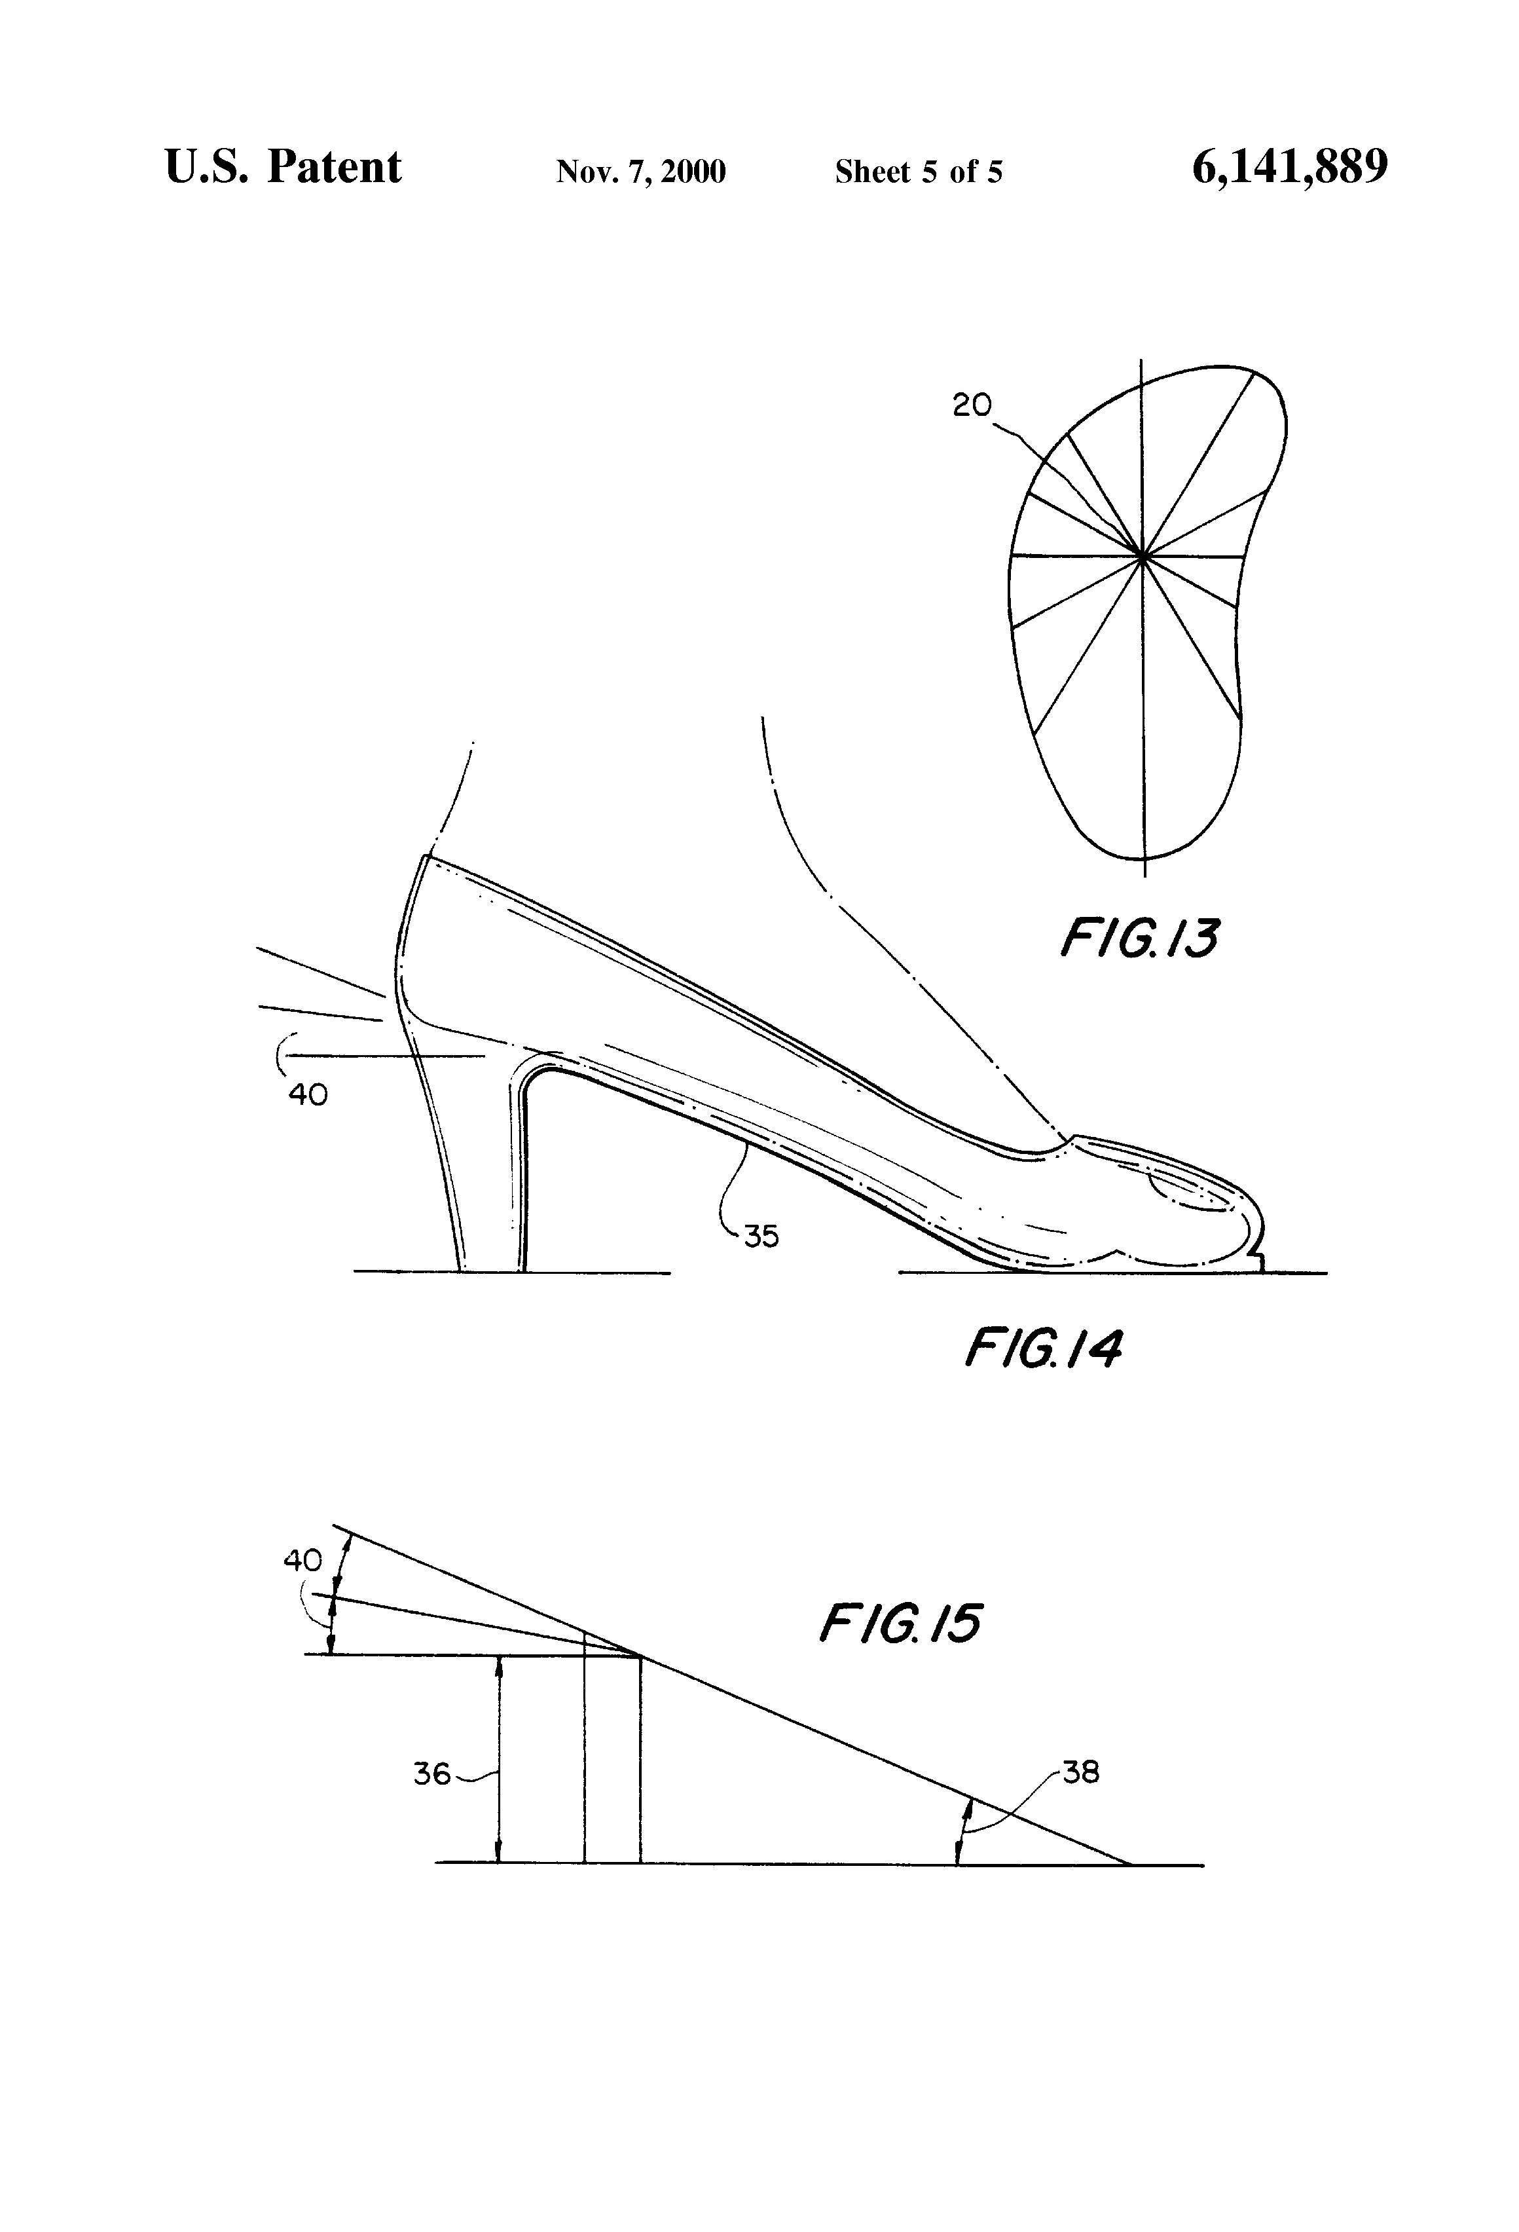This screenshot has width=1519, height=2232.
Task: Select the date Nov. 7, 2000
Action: (x=640, y=172)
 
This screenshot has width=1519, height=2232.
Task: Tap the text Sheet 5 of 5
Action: (x=918, y=172)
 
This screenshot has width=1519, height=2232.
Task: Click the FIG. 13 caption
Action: (x=1139, y=939)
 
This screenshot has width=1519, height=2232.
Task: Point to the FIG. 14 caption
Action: (x=1043, y=1349)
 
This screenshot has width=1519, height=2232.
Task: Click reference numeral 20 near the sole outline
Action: (x=972, y=405)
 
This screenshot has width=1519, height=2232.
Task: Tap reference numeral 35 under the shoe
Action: (x=760, y=1236)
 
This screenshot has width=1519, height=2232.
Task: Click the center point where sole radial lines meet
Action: (x=1142, y=555)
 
